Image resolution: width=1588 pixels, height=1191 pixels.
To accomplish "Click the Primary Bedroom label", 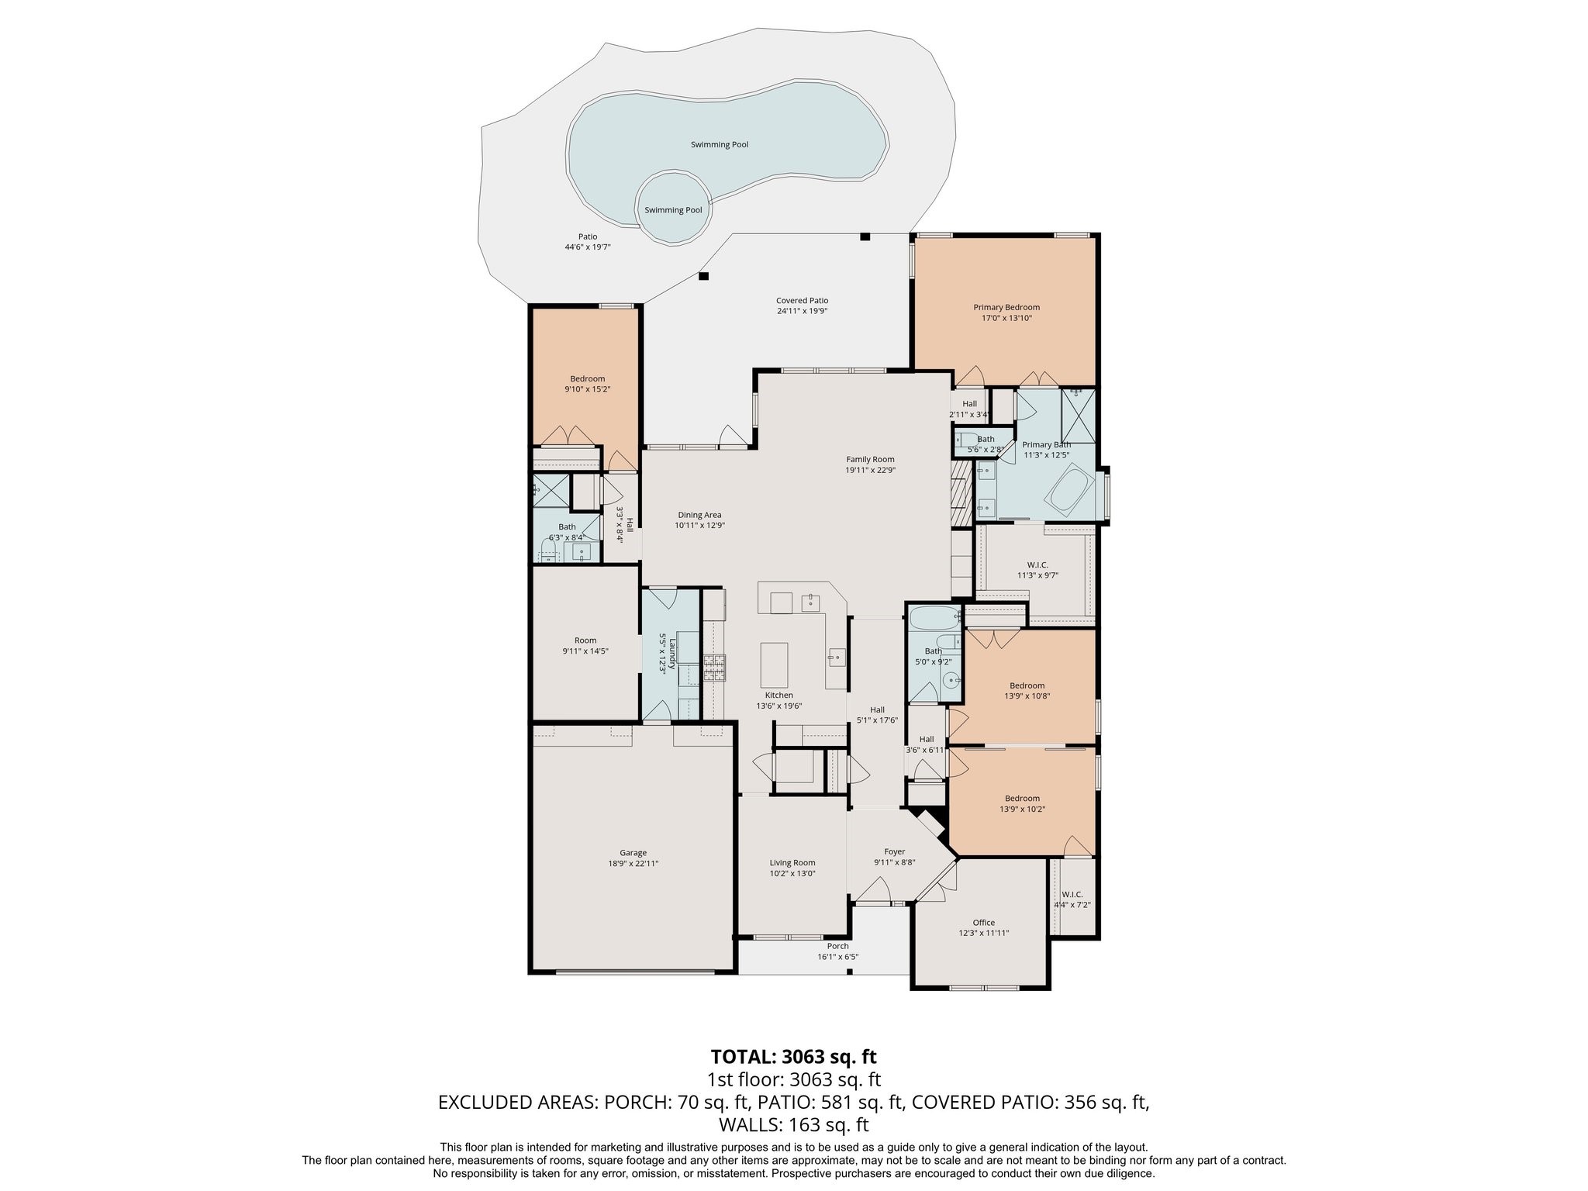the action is pos(1006,308).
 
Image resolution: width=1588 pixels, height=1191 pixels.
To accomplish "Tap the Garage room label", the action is pos(633,853).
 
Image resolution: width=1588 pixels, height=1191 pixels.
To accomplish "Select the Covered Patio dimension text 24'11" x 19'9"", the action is pos(802,311).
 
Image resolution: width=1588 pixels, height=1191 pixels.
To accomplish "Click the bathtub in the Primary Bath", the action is pos(1069,488).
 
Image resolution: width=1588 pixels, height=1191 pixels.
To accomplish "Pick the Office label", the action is pos(983,923).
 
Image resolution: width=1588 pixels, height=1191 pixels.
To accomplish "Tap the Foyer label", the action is pos(894,851).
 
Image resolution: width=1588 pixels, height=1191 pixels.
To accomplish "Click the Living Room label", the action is pos(792,862).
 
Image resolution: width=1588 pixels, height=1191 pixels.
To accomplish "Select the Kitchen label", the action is pos(778,696).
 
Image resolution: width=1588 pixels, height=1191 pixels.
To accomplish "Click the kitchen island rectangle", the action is pos(774,665).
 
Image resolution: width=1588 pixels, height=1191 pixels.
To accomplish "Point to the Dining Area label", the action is pos(699,515).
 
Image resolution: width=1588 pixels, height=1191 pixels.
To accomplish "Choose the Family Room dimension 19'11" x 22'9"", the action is pos(870,470).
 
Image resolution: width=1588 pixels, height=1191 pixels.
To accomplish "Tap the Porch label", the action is pos(837,946).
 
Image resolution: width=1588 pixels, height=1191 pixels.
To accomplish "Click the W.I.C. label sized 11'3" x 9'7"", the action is pos(1037,564).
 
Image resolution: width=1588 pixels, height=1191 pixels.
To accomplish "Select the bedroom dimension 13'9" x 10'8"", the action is pos(1027,696).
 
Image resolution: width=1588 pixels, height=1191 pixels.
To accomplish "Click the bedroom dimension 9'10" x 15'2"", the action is pos(587,389).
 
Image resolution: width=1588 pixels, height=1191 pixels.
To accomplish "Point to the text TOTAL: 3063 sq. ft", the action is pos(793,1056).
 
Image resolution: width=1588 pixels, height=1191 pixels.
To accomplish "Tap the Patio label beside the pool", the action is pos(588,236).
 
